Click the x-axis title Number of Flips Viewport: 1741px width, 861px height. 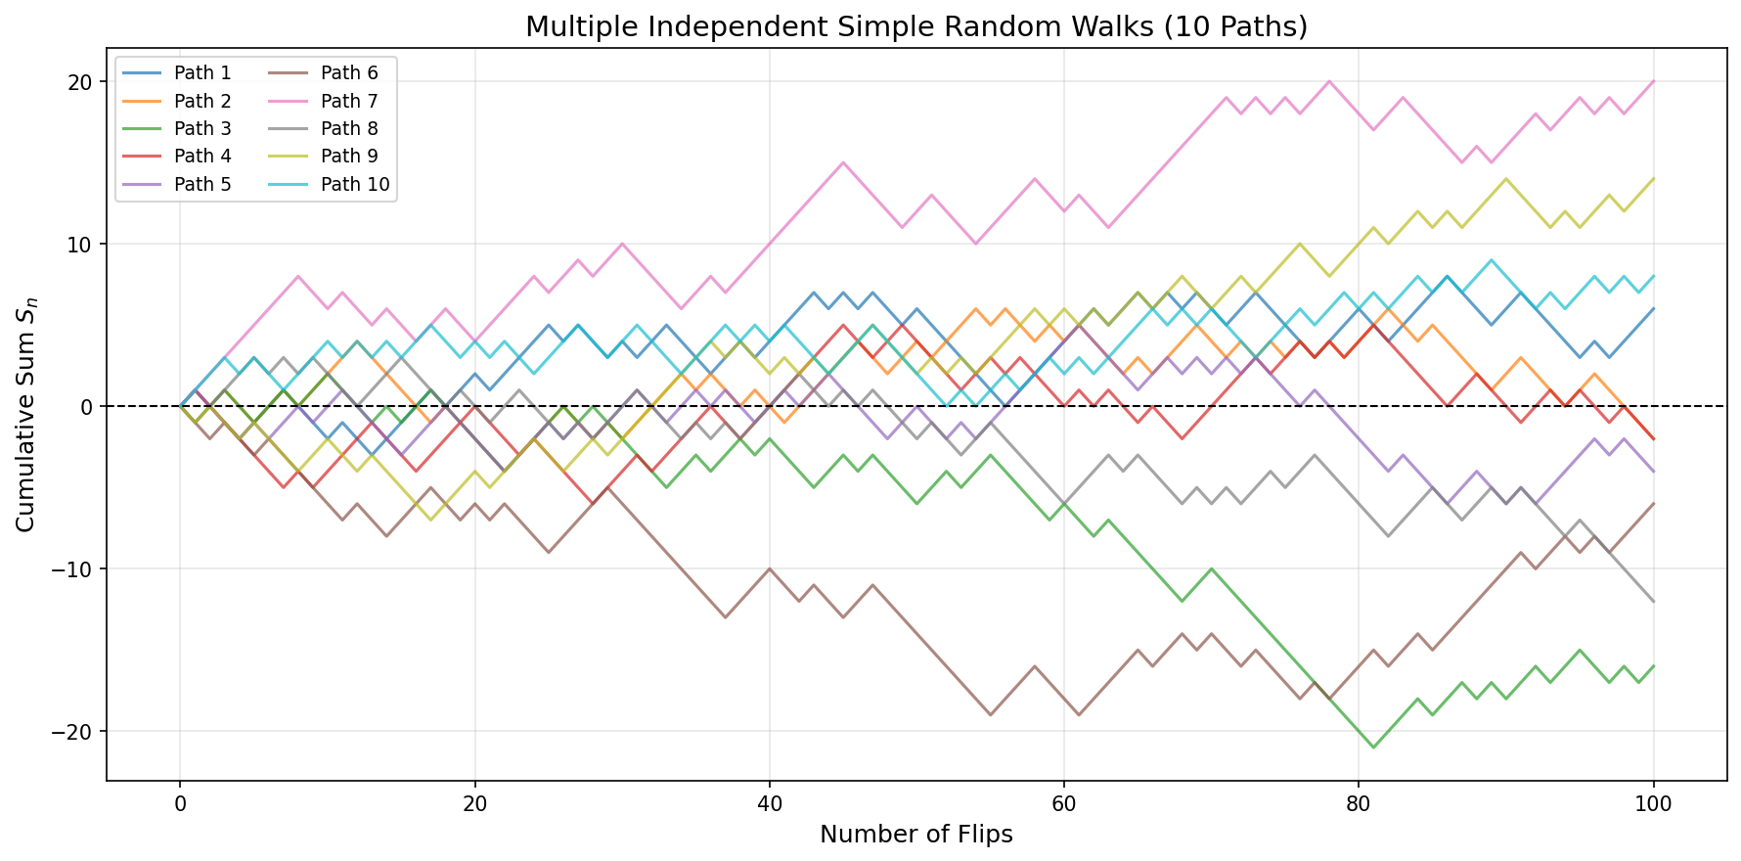pos(916,835)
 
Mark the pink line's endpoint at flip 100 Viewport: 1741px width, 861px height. pos(1653,82)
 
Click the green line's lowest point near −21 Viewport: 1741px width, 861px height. pos(1373,748)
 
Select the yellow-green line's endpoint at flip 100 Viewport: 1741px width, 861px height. pos(1653,179)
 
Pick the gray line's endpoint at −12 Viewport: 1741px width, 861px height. pos(1653,602)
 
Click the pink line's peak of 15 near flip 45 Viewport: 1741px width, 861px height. pos(843,162)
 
